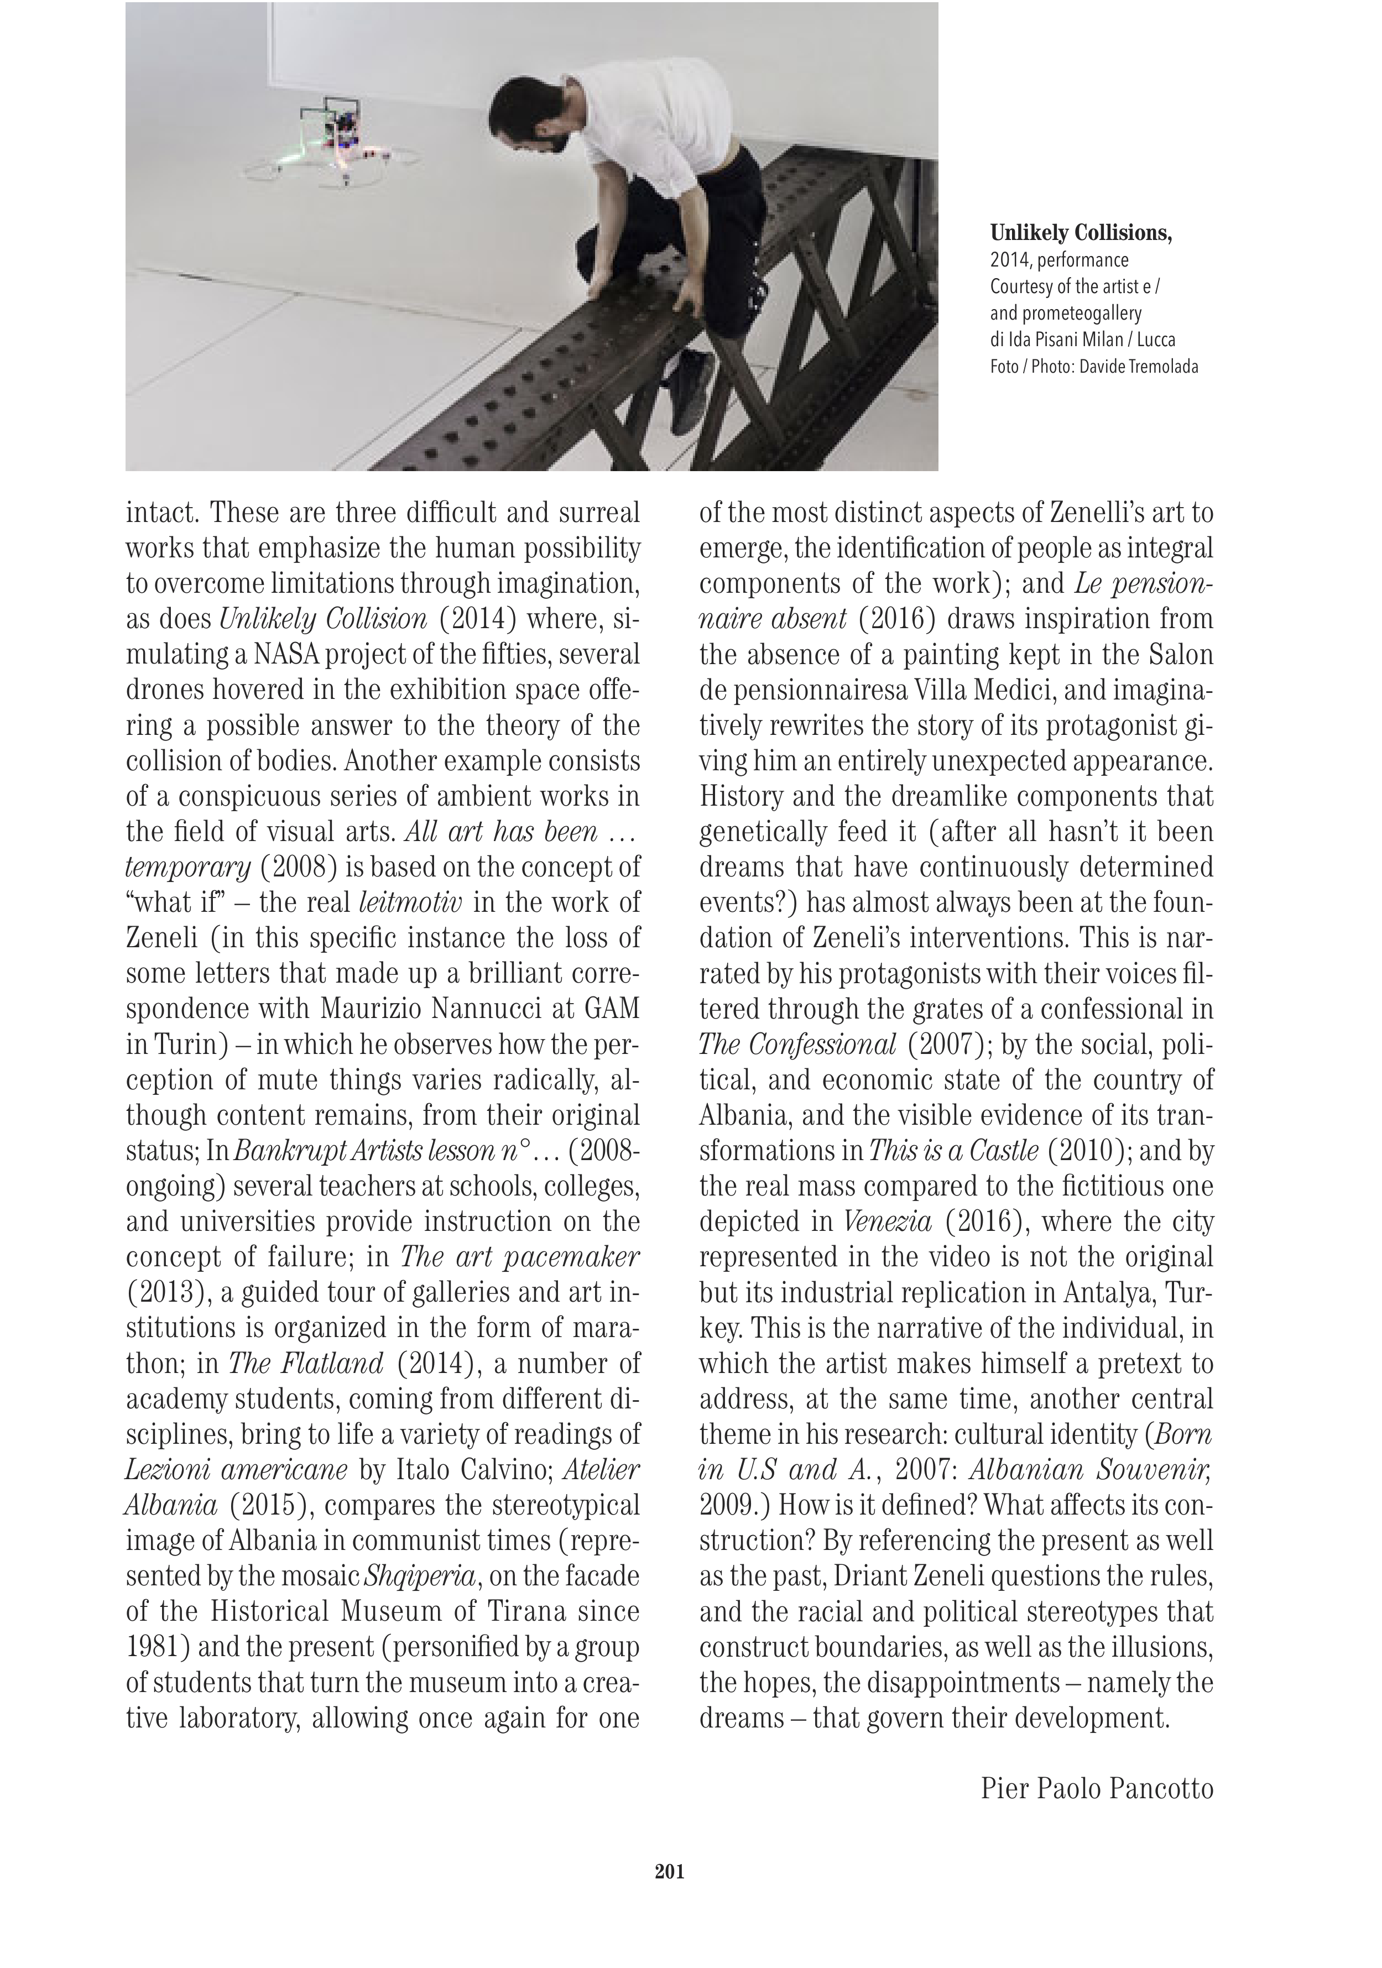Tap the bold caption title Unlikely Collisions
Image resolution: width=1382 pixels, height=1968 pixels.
click(x=1080, y=233)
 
